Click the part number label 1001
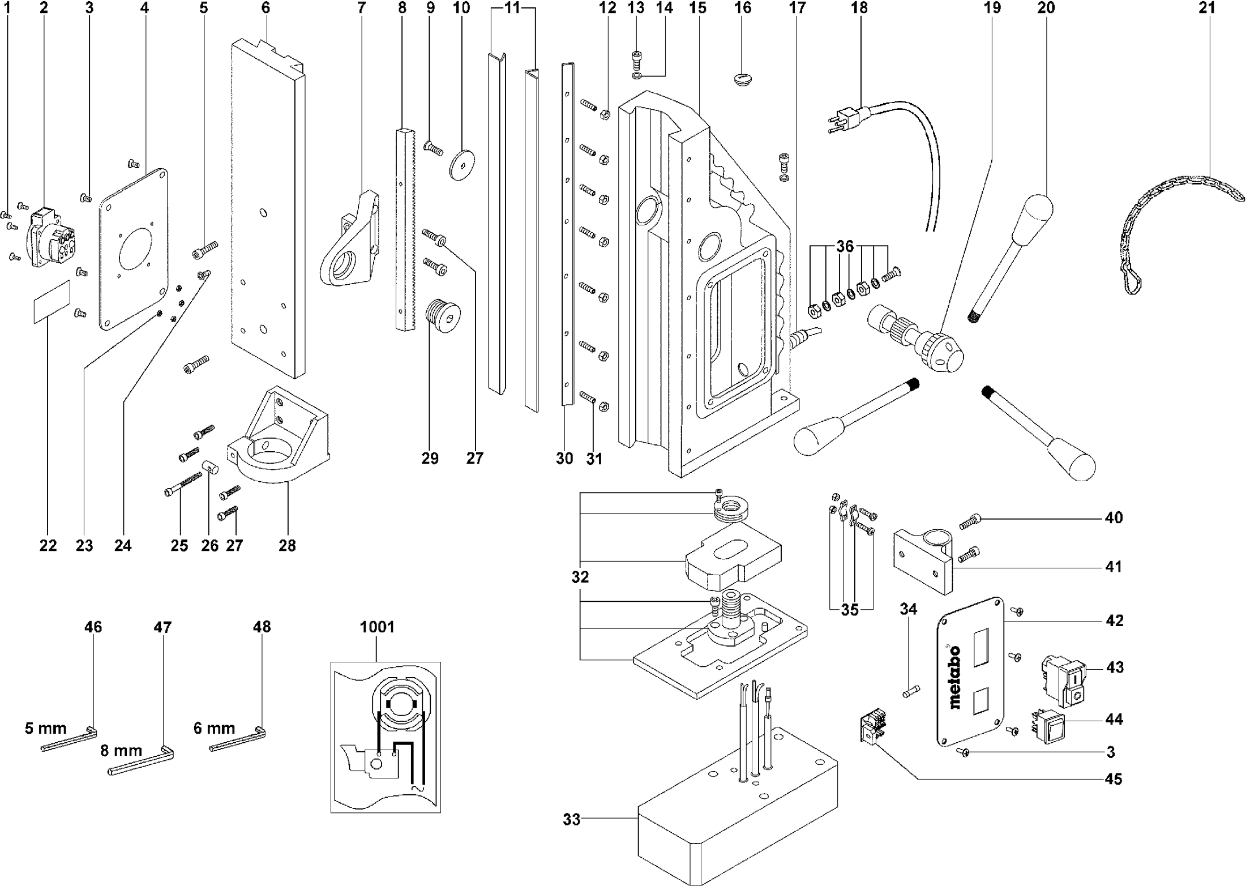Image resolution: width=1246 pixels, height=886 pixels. tap(377, 627)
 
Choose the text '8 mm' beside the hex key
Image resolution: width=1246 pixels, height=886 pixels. tap(121, 751)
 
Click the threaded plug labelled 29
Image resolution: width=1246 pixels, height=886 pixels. tap(442, 315)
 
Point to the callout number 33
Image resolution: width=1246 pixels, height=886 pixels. tap(572, 819)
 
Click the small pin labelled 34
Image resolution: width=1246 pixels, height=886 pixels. tap(910, 691)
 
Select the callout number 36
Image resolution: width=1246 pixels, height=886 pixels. tap(845, 247)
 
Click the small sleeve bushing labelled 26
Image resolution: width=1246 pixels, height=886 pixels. tap(211, 468)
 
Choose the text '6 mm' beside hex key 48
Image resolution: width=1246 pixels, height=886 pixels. tap(214, 728)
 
